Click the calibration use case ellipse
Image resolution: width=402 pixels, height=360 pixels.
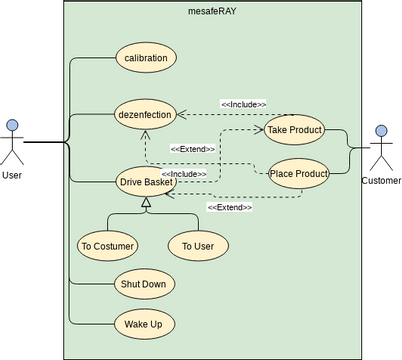pyautogui.click(x=146, y=58)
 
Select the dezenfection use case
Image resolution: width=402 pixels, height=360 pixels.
pyautogui.click(x=146, y=115)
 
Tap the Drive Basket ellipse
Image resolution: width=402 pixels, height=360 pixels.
pyautogui.click(x=146, y=182)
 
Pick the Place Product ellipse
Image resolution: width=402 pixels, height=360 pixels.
pyautogui.click(x=299, y=174)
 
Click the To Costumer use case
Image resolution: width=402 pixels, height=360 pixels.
pyautogui.click(x=107, y=245)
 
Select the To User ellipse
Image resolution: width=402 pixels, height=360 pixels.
pyautogui.click(x=198, y=245)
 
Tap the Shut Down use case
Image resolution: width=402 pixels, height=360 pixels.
pyautogui.click(x=146, y=284)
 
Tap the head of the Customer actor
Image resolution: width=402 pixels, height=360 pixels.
pyautogui.click(x=381, y=130)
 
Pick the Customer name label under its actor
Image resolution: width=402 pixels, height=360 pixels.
pyautogui.click(x=381, y=181)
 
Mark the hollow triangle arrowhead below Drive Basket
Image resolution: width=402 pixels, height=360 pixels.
pyautogui.click(x=146, y=204)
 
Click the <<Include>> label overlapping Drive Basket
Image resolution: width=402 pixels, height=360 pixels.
pyautogui.click(x=184, y=174)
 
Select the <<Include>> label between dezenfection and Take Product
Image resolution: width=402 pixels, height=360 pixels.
pyautogui.click(x=243, y=104)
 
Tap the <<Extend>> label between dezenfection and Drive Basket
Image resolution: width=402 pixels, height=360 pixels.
pyautogui.click(x=193, y=149)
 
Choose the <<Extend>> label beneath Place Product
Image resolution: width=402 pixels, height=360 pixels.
pyautogui.click(x=230, y=207)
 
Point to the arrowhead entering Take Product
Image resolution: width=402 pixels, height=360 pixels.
pyautogui.click(x=262, y=130)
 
